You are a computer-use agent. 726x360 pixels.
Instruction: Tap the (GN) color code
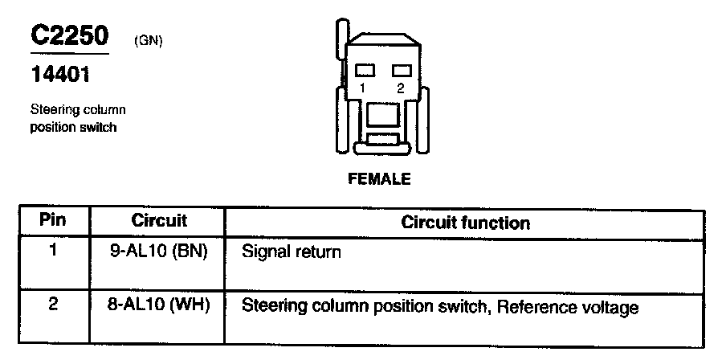coord(149,41)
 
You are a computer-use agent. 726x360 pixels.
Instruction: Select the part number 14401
coord(59,76)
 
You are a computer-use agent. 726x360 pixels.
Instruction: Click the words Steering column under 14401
coord(78,110)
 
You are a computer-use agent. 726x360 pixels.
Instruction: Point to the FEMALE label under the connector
coord(379,179)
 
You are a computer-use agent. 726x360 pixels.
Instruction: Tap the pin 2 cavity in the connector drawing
coord(399,71)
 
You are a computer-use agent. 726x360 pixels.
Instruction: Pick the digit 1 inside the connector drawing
coord(364,88)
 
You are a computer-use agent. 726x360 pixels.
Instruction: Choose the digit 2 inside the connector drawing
coord(400,88)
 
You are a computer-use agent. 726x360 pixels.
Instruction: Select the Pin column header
coord(53,220)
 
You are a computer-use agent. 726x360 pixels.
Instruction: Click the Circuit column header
coord(159,220)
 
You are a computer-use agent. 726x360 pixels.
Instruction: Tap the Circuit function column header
coord(465,222)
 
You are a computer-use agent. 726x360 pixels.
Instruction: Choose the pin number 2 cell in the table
coord(53,305)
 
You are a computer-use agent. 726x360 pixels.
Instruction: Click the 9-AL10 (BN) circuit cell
coord(159,251)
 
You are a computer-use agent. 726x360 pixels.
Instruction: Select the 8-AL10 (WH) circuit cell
coord(159,306)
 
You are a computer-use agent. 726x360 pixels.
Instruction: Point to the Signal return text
coord(292,252)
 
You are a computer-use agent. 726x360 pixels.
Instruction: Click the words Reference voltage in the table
coord(579,308)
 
